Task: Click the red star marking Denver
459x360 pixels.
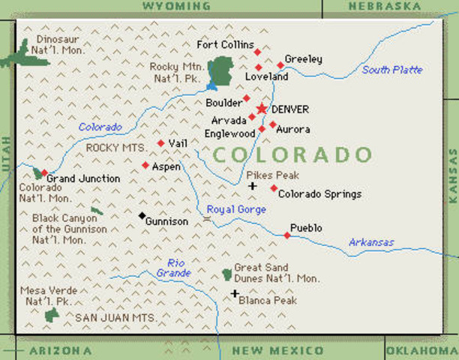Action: [261, 109]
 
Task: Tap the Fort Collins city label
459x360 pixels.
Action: [225, 45]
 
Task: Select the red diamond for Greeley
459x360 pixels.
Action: [280, 64]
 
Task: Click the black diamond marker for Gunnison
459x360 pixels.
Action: [142, 216]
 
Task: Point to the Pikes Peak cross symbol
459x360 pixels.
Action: [253, 186]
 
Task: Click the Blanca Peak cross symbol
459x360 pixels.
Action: [235, 293]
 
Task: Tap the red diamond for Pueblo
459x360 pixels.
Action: [287, 235]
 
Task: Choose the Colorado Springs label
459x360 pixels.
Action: [319, 194]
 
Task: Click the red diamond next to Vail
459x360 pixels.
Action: [160, 142]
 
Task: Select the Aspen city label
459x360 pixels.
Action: [166, 166]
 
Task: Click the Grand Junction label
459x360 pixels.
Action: [83, 178]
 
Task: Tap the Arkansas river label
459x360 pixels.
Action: [371, 242]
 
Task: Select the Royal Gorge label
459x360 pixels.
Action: [236, 209]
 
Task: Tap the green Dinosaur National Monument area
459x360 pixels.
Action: [22, 55]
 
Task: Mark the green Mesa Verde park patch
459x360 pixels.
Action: [52, 314]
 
